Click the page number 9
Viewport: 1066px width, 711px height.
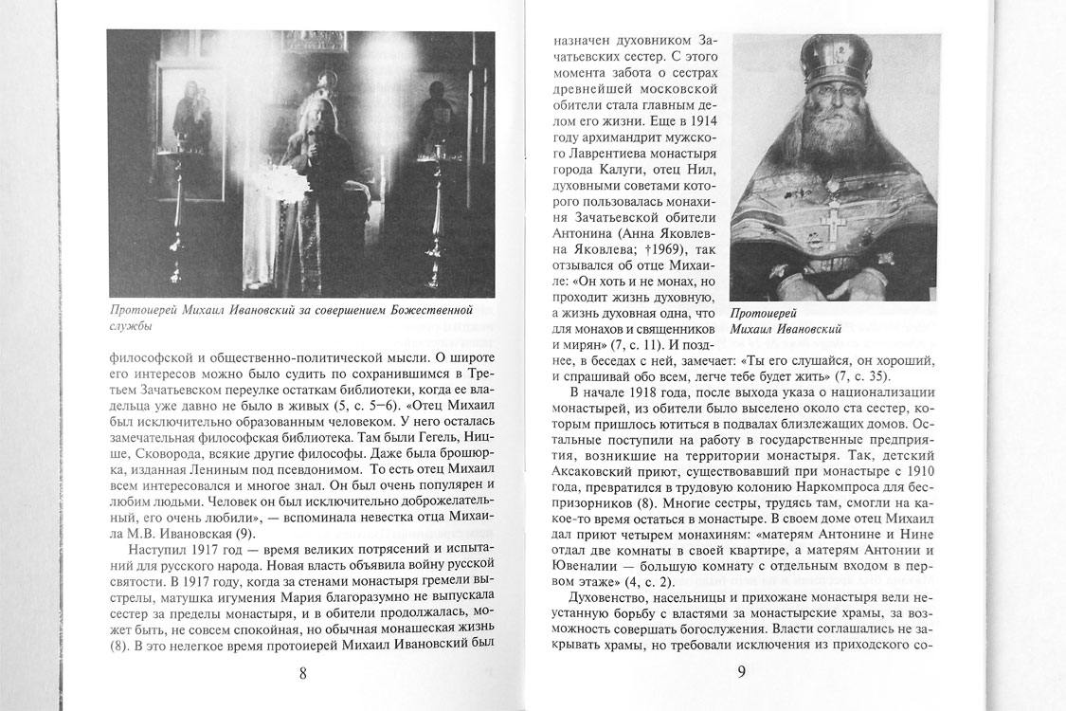pos(742,673)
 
